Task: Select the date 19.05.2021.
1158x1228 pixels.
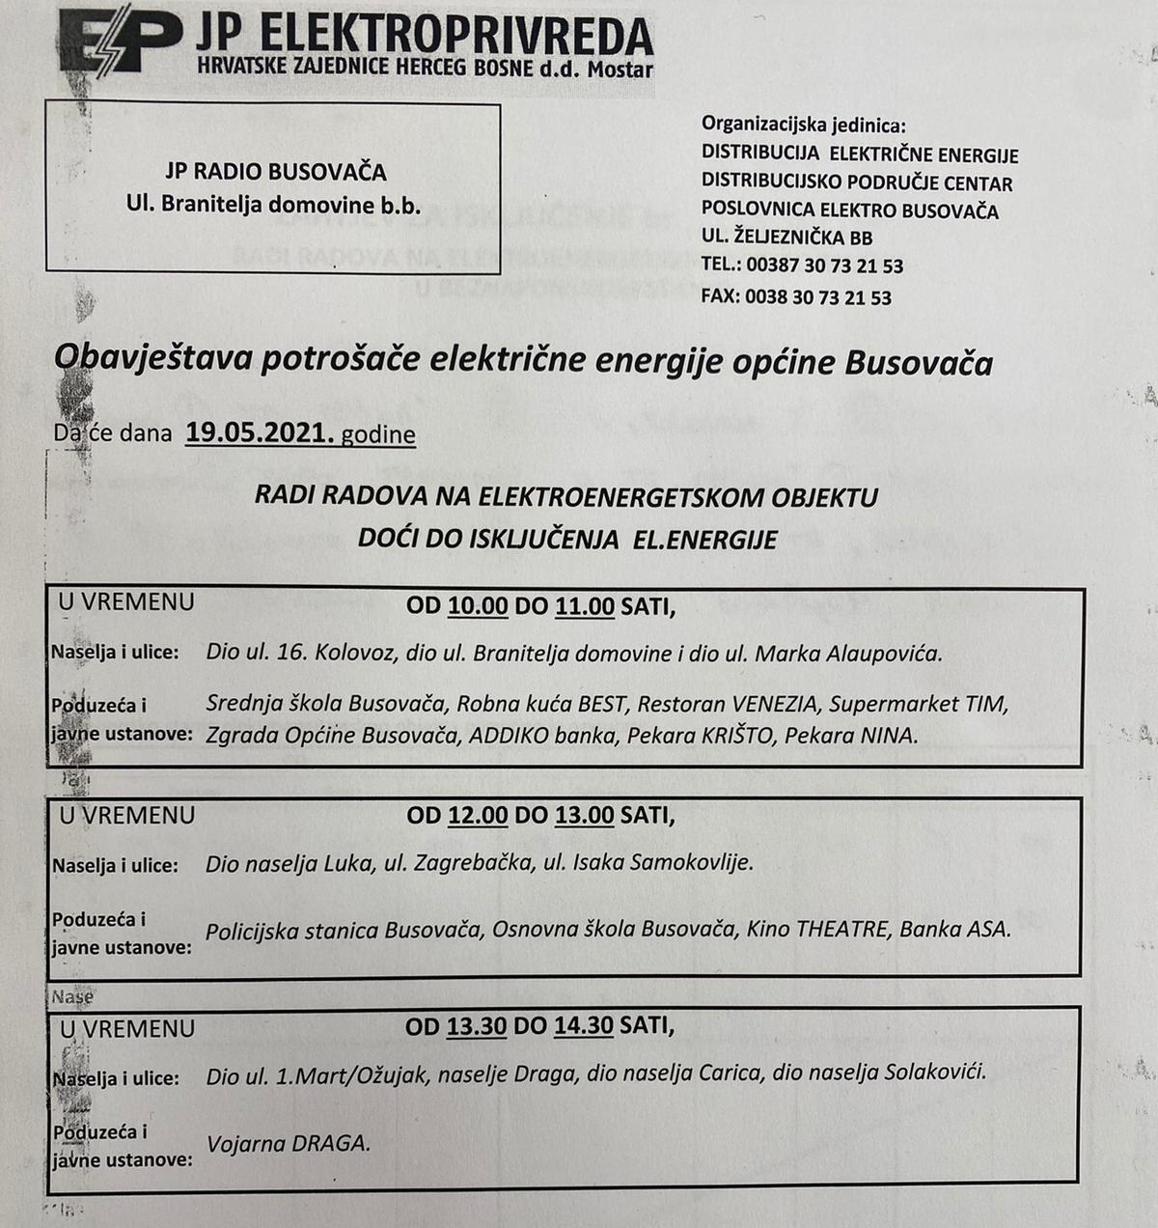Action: (x=260, y=433)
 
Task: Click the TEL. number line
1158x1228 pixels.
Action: (x=802, y=265)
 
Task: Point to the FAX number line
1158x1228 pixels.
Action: (x=796, y=297)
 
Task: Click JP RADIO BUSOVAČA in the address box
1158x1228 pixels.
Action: (x=276, y=172)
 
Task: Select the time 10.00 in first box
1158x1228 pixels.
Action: (x=478, y=606)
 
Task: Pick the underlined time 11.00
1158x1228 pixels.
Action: (x=585, y=606)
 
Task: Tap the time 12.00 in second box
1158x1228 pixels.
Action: (x=478, y=815)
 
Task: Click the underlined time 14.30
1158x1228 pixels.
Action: (x=584, y=1026)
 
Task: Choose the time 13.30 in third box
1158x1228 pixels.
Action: (x=477, y=1026)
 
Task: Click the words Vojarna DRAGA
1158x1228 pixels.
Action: (x=288, y=1143)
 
